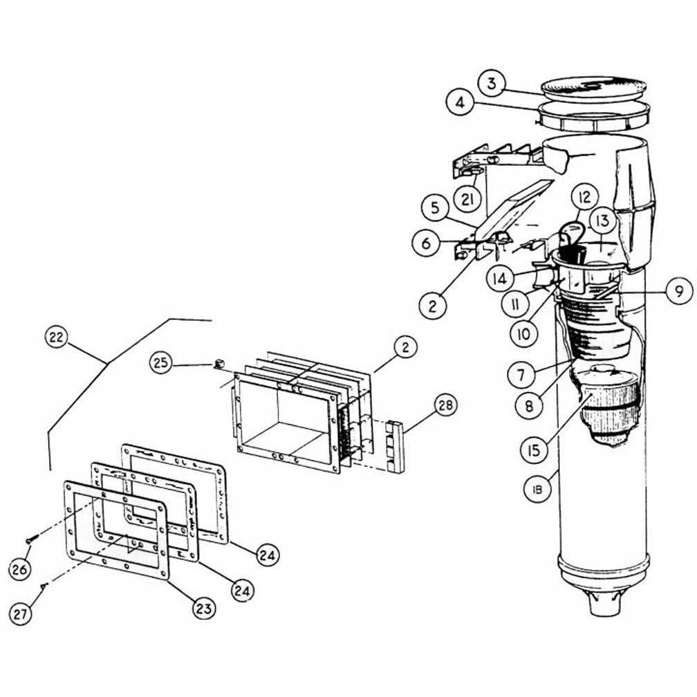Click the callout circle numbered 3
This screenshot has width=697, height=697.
tap(491, 85)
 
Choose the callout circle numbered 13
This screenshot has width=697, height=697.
tap(602, 222)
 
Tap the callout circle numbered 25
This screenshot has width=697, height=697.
tap(161, 364)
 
